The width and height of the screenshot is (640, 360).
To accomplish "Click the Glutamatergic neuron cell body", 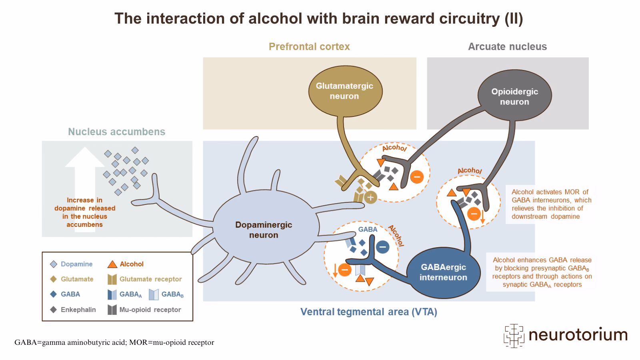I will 344,91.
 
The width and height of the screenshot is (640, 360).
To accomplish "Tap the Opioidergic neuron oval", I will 514,96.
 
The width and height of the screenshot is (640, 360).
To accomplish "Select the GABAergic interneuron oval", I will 443,272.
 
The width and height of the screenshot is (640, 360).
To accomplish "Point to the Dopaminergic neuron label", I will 263,230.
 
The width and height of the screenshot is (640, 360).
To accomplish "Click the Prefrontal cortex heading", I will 309,46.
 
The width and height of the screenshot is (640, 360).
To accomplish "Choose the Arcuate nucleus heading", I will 507,46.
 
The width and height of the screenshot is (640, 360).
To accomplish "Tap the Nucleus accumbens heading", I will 116,132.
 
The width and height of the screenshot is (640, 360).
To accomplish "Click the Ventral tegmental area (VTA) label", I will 368,312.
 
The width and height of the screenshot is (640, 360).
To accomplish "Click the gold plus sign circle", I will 370,197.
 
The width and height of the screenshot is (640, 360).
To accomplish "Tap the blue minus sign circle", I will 382,247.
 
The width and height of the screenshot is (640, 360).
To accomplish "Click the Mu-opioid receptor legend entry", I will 150,310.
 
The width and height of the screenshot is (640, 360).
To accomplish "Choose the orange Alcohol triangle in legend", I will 112,264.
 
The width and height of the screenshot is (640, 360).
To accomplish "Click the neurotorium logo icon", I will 514,335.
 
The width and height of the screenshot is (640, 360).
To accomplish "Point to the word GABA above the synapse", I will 367,229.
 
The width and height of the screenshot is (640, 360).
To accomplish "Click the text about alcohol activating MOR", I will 551,204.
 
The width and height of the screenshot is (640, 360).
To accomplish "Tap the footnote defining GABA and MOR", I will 114,342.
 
